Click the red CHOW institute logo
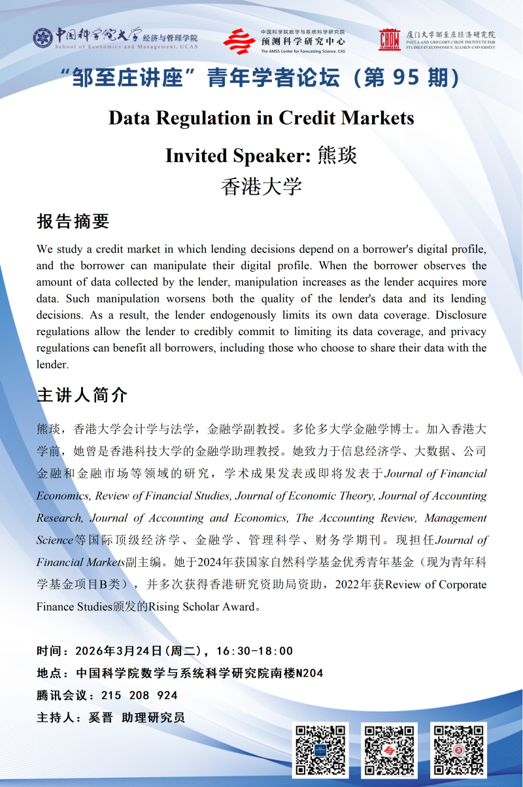(390, 39)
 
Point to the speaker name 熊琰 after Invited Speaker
(337, 155)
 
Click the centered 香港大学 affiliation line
(261, 187)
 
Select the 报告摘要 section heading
(73, 221)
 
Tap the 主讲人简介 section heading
(82, 395)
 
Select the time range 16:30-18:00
(254, 651)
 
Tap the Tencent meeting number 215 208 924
(139, 696)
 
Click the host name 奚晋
(101, 718)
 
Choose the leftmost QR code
(320, 750)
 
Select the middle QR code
(390, 750)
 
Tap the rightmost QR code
(458, 750)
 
